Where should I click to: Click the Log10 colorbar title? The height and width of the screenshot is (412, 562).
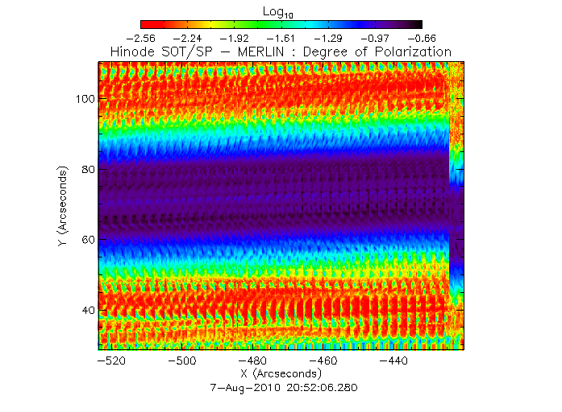(x=281, y=11)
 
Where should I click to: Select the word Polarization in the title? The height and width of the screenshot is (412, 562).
(x=411, y=51)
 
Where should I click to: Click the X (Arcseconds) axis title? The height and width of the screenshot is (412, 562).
(x=281, y=375)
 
